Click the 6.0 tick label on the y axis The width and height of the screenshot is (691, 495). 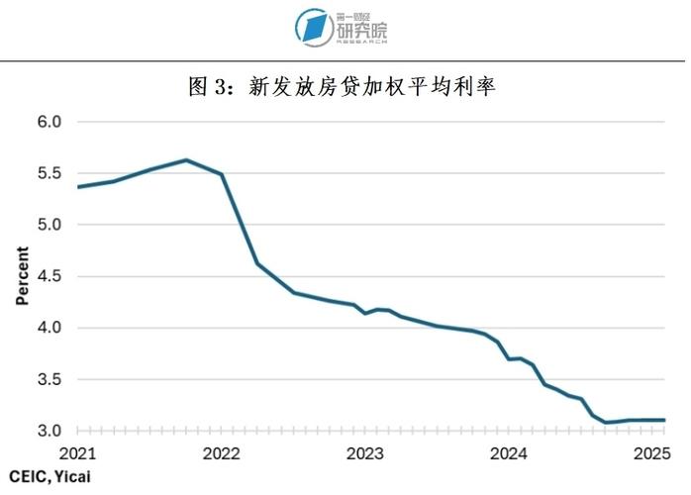(49, 122)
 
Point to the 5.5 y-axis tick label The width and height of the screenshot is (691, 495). (49, 173)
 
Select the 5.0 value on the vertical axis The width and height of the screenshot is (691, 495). (49, 225)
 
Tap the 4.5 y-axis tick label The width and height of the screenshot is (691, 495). (49, 276)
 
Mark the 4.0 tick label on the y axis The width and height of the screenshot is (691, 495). (49, 328)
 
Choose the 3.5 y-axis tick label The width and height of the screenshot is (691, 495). (49, 379)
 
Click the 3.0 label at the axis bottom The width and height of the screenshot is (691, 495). (49, 431)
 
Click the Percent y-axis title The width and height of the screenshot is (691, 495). (22, 276)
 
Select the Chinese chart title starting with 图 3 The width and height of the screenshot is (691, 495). (342, 87)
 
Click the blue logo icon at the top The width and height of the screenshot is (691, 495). (315, 27)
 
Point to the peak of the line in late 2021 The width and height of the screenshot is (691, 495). (186, 159)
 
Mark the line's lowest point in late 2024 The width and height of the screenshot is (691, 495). (606, 423)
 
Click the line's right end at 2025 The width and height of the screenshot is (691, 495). (664, 420)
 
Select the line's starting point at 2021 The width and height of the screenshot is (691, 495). (78, 186)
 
